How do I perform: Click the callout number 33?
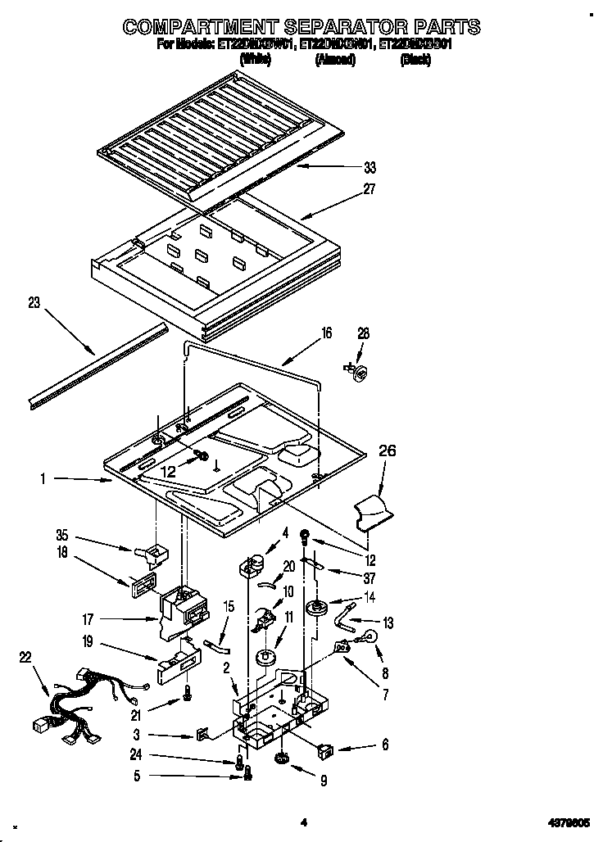click(370, 169)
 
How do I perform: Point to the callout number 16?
click(326, 333)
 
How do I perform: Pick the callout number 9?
click(324, 781)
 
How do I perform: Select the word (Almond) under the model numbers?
click(334, 60)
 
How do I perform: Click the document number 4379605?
click(569, 822)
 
